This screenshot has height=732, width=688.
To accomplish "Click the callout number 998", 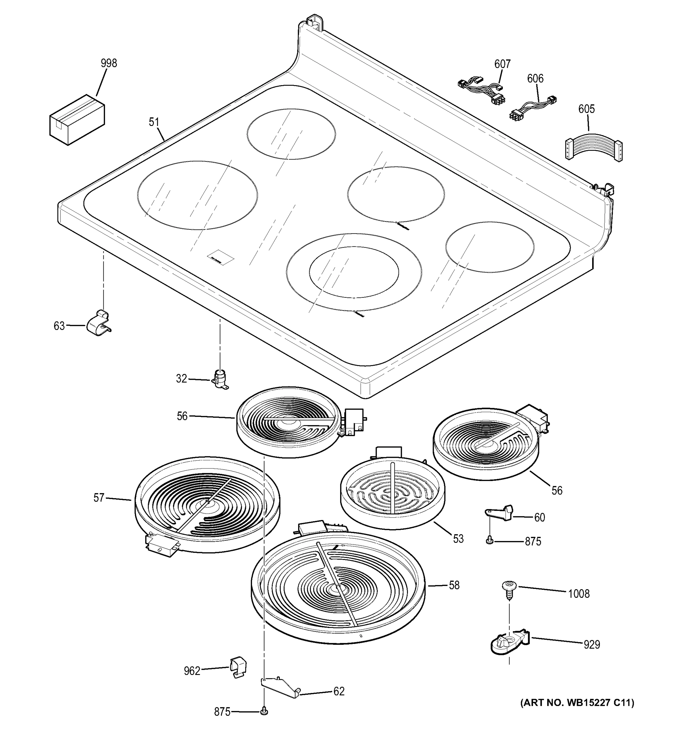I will click(x=109, y=63).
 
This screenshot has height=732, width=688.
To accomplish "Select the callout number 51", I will click(x=154, y=122).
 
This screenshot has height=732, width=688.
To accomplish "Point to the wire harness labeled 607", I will click(x=481, y=90).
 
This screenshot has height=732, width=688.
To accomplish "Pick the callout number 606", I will click(x=535, y=78).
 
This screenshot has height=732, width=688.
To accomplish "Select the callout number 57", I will click(x=99, y=498).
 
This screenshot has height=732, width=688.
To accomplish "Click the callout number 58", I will click(x=454, y=586).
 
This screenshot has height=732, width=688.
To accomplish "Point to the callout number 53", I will click(x=458, y=539).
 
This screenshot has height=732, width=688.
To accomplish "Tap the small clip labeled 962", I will click(x=238, y=667).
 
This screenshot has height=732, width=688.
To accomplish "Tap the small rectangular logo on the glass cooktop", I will click(x=220, y=257).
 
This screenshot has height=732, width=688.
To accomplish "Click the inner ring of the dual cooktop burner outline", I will click(x=354, y=272).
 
